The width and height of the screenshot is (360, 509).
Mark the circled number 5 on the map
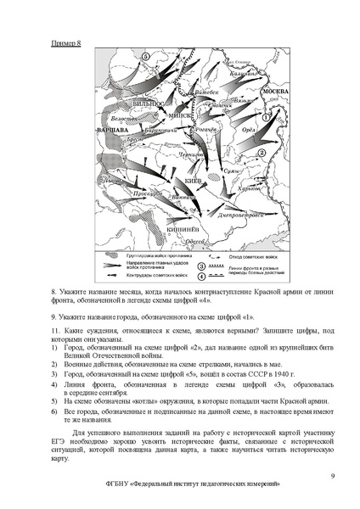145,55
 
